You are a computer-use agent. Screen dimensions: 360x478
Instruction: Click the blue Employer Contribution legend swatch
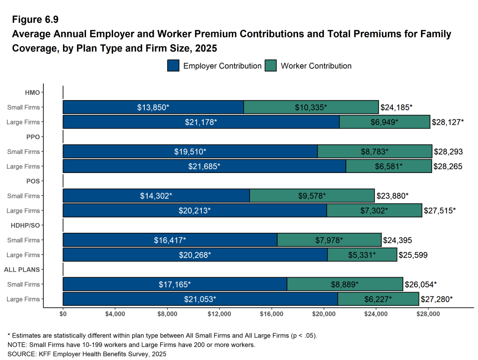pyautogui.click(x=173, y=66)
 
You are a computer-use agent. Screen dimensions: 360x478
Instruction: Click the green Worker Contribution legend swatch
pyautogui.click(x=271, y=66)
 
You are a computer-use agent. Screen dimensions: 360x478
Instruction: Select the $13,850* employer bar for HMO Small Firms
pyautogui.click(x=153, y=107)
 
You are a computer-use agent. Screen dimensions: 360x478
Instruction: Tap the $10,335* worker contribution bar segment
pyautogui.click(x=311, y=107)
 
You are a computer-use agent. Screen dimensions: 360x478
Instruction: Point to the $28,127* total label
pyautogui.click(x=448, y=122)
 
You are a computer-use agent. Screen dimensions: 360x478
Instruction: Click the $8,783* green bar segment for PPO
pyautogui.click(x=374, y=151)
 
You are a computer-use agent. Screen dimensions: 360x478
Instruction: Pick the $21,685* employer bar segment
pyautogui.click(x=204, y=166)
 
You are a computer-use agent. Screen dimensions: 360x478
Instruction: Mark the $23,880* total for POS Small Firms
pyautogui.click(x=392, y=196)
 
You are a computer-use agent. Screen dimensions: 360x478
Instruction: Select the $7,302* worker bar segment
pyautogui.click(x=374, y=211)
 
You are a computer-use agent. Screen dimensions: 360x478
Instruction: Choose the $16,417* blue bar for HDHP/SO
pyautogui.click(x=170, y=240)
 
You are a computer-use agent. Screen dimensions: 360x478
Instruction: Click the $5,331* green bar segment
pyautogui.click(x=362, y=255)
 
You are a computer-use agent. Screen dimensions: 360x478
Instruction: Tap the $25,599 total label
pyautogui.click(x=413, y=255)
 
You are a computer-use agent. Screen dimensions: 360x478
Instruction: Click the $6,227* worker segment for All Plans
pyautogui.click(x=378, y=299)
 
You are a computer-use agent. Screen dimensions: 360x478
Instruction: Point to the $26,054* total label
pyautogui.click(x=421, y=284)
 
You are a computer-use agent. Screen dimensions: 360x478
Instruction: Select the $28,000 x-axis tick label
pyautogui.click(x=428, y=314)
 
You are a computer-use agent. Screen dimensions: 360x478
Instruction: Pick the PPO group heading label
pyautogui.click(x=33, y=137)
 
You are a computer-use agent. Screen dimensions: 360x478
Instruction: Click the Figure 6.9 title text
pyautogui.click(x=35, y=20)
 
